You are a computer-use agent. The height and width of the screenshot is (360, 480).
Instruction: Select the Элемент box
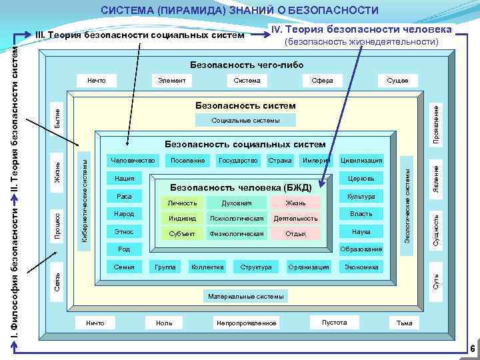coord(171,81)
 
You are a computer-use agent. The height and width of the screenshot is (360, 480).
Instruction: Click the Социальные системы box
coord(245,121)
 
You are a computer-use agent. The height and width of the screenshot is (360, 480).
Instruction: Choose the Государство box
coord(238,161)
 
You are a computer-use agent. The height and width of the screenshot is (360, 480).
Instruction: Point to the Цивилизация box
coord(361,161)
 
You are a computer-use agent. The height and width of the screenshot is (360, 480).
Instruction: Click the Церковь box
coord(361,179)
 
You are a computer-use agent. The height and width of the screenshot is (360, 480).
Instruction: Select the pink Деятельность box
coord(296,219)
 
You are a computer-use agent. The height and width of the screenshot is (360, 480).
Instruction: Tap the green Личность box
coord(182,203)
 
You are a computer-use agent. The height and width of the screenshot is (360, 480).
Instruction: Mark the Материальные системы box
coord(245,296)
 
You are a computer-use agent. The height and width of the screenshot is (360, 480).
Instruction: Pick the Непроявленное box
coord(246,323)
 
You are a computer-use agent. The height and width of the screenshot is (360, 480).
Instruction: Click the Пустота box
coord(334,323)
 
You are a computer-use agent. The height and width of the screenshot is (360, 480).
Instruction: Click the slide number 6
coord(471,349)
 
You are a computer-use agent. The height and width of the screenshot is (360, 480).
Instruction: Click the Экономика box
coord(361,267)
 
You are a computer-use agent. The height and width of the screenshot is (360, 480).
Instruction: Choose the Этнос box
coord(125,232)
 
